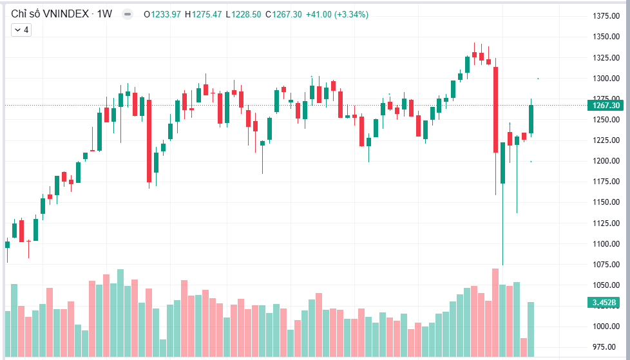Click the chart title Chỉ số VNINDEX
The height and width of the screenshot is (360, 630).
(x=50, y=14)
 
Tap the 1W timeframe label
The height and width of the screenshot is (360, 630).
(x=104, y=14)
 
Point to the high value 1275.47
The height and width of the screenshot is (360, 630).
(x=207, y=14)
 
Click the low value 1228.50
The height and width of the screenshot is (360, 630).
(x=246, y=14)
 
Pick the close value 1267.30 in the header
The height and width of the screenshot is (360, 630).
(x=287, y=14)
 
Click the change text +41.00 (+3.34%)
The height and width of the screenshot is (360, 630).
(x=337, y=14)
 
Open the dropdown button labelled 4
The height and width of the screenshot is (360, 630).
(x=21, y=30)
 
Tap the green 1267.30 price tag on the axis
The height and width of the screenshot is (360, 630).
(x=606, y=105)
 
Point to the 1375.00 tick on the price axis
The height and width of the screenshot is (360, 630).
(x=606, y=15)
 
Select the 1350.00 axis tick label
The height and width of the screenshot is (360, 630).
(x=606, y=37)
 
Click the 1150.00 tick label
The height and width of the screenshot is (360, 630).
(x=606, y=202)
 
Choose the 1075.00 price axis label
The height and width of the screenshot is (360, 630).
(x=606, y=265)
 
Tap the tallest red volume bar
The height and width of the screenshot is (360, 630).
(x=495, y=312)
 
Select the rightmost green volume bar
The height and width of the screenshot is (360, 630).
(x=531, y=329)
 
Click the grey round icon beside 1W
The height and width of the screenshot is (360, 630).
(x=128, y=14)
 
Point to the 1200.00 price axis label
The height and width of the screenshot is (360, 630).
(x=606, y=161)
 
